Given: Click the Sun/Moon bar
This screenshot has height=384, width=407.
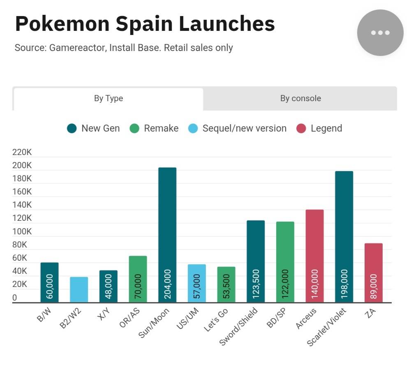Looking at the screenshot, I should tap(167, 235).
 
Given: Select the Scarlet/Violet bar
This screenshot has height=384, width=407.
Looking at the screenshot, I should tap(344, 236).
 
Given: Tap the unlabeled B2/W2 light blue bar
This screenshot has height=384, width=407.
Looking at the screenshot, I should tap(79, 289).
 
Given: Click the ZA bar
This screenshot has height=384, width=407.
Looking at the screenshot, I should tap(373, 273).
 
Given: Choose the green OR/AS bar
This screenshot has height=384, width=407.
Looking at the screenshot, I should tap(138, 279).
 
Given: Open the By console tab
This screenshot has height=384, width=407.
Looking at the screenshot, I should tap(301, 99).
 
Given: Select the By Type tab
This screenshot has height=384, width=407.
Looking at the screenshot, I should tap(109, 99).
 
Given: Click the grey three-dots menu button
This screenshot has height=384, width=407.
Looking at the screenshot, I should tap(380, 33).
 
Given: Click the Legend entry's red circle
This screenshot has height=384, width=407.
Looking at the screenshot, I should tap(301, 129).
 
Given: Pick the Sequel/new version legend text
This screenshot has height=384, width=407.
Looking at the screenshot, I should tap(244, 128).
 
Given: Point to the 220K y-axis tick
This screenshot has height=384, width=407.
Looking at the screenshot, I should tap(22, 153).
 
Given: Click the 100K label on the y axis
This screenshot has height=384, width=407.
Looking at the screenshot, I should tap(22, 231).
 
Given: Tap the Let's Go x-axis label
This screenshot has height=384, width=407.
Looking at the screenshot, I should tap(216, 320).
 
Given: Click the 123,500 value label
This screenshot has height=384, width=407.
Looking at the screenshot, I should tap(256, 284).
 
